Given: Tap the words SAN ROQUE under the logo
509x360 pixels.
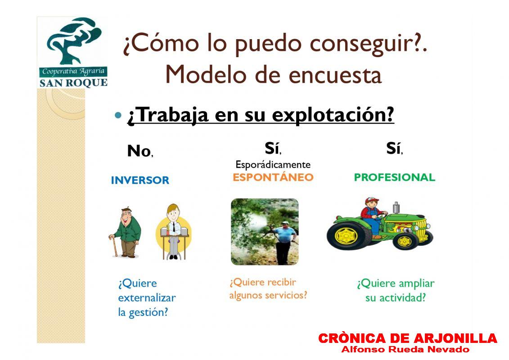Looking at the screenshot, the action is pos(73,83).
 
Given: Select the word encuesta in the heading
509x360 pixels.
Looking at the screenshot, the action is pos(335,75).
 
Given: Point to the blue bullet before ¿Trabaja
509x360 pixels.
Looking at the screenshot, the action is pos(118,115).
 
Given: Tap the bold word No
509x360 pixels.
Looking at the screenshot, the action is pos(139,151).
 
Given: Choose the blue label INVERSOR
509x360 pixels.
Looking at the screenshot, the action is pos(140,180).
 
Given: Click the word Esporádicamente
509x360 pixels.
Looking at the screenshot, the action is pos(273,165).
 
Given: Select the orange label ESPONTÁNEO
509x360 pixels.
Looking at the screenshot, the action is pos(273,177).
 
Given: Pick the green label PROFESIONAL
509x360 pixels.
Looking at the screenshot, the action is pos(394,177).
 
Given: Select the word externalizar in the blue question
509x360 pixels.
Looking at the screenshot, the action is pos(147,297).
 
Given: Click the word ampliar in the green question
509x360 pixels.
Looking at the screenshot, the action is pos(416,284).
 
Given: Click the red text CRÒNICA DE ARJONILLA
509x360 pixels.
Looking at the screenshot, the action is pos(407,338).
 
